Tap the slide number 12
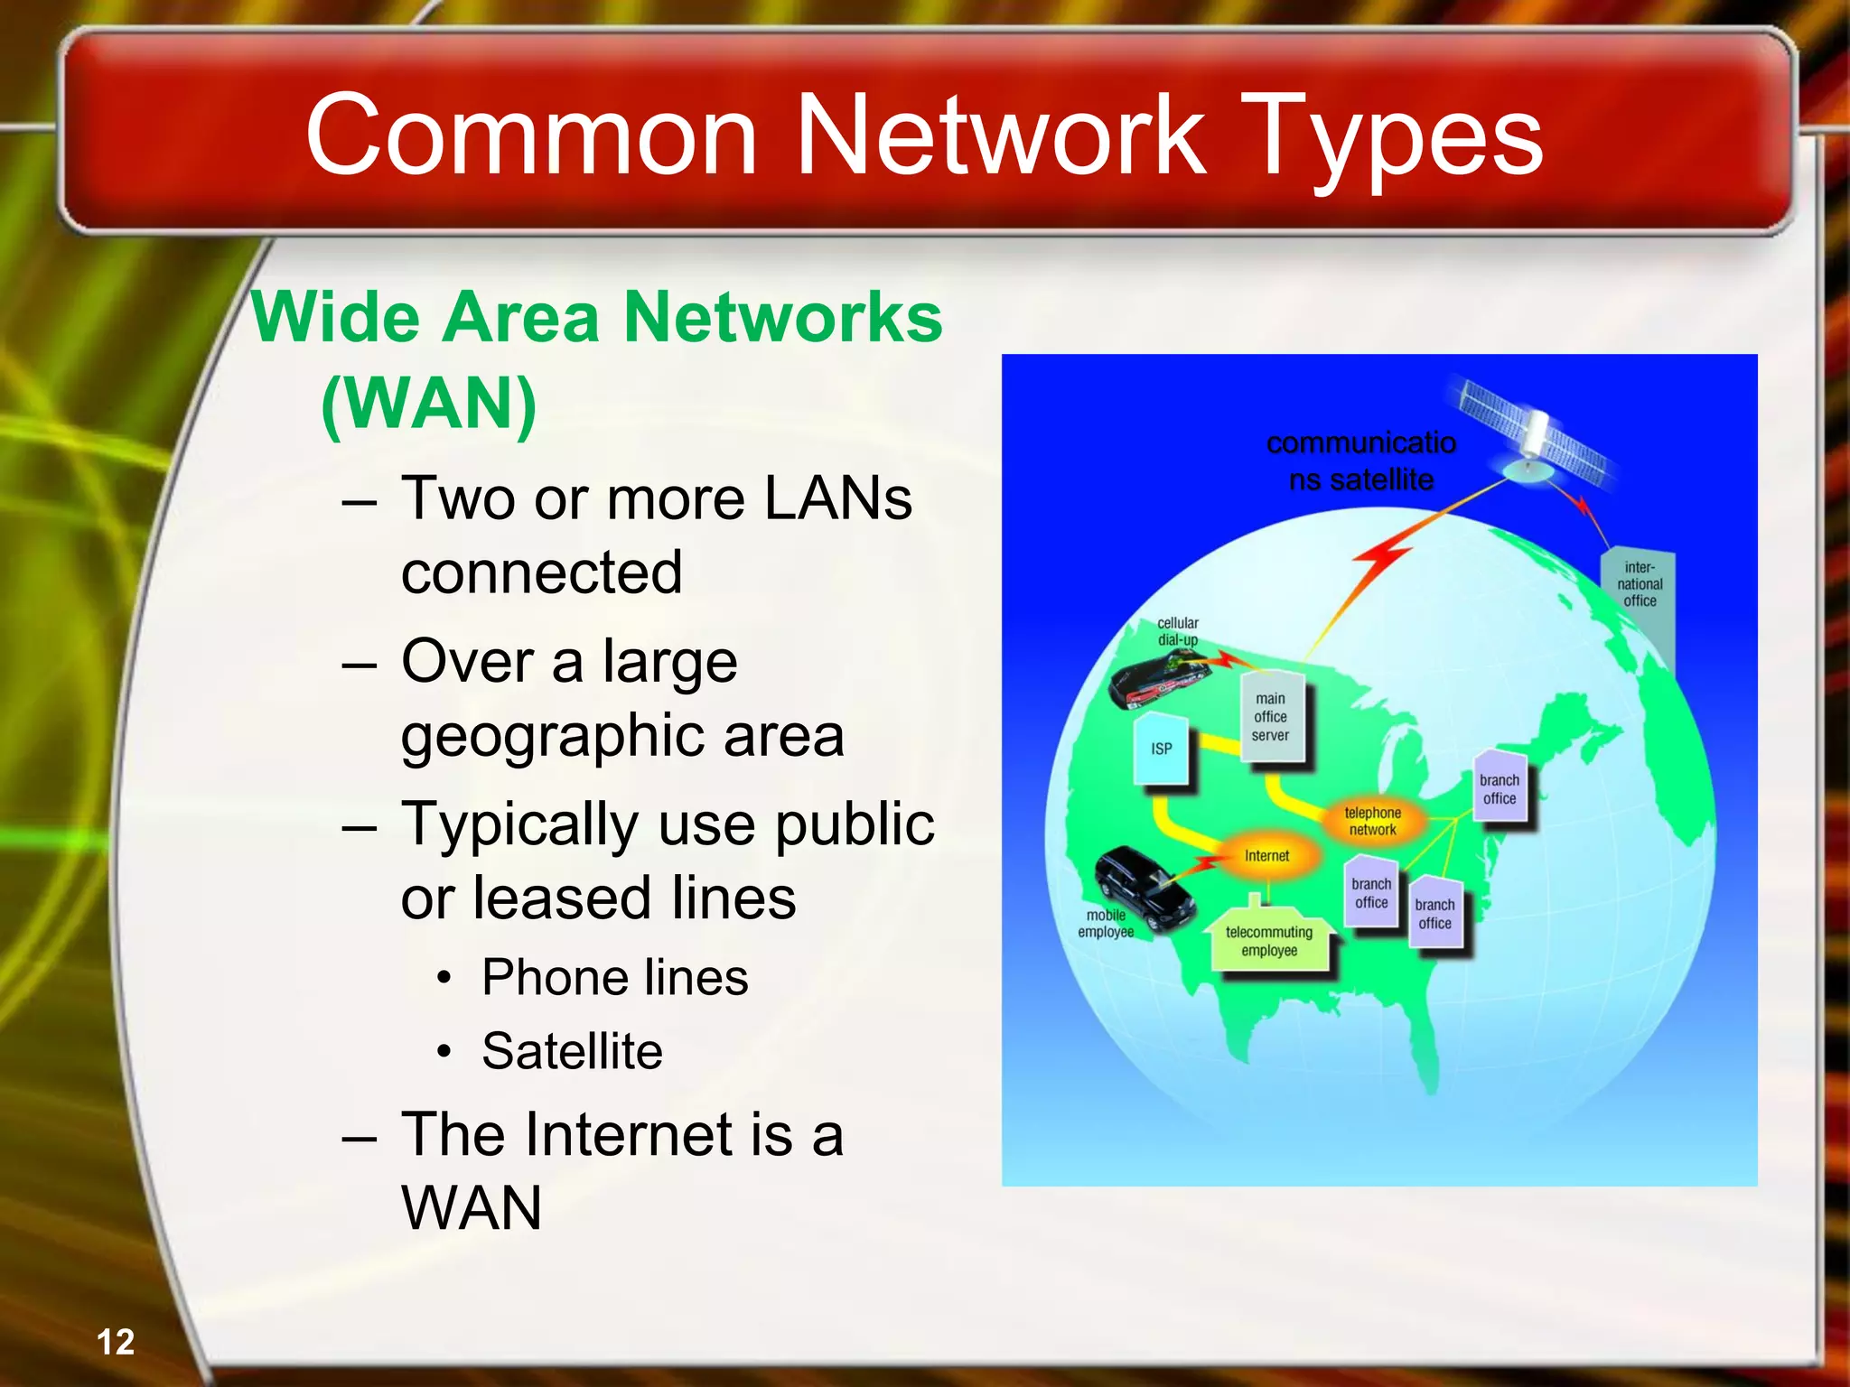[x=116, y=1342]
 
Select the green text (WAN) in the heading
[x=429, y=404]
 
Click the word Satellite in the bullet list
[x=572, y=1051]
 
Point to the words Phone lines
[x=614, y=977]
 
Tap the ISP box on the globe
[x=1162, y=749]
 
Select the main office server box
[x=1270, y=717]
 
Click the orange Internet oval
[x=1266, y=855]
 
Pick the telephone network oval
[x=1372, y=821]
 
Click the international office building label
[x=1640, y=584]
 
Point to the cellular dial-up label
[x=1178, y=631]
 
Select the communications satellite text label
[x=1361, y=461]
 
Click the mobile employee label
[x=1106, y=924]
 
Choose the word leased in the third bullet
[x=559, y=898]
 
